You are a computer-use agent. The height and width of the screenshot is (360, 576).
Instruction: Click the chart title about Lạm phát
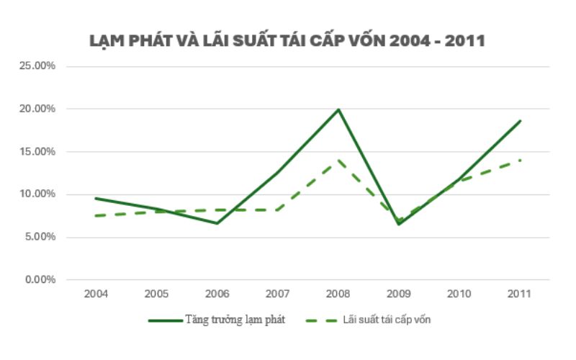click(x=287, y=40)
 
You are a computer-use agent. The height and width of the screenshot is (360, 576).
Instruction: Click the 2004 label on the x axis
click(x=96, y=294)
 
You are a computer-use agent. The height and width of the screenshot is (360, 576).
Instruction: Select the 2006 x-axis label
click(x=217, y=294)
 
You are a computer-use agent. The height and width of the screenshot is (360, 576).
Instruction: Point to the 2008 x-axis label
click(x=338, y=294)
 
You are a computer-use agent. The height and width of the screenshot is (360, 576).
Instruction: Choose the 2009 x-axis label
click(x=398, y=294)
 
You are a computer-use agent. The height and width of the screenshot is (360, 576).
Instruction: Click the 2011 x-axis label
click(x=519, y=294)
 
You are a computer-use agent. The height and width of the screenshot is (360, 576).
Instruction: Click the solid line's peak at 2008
click(x=338, y=109)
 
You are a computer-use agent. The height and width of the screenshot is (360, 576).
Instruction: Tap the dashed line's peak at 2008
click(x=338, y=160)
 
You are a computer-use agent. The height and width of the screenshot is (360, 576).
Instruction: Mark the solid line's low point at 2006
click(x=217, y=223)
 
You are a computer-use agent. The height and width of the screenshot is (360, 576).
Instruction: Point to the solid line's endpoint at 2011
click(x=520, y=121)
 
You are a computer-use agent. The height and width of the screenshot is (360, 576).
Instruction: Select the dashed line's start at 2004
click(x=96, y=216)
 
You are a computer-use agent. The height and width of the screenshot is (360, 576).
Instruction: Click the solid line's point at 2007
click(x=277, y=173)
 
